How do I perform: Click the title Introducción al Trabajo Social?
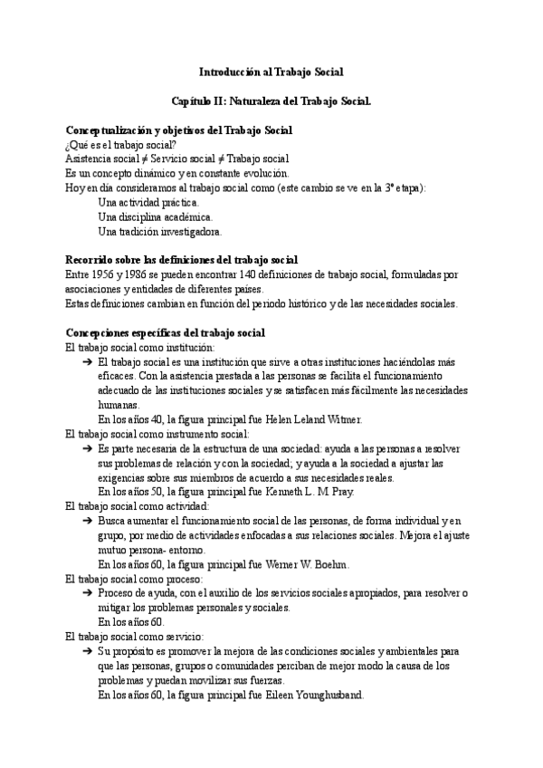[x=271, y=70]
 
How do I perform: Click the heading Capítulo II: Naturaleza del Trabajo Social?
[x=271, y=104]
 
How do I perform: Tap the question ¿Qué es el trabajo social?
[x=121, y=146]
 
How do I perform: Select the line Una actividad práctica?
[x=148, y=202]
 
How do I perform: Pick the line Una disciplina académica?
[x=156, y=216]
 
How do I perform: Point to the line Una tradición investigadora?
[x=159, y=231]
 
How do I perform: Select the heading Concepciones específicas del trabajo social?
[x=166, y=332]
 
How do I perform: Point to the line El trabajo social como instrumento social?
[x=150, y=434]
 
